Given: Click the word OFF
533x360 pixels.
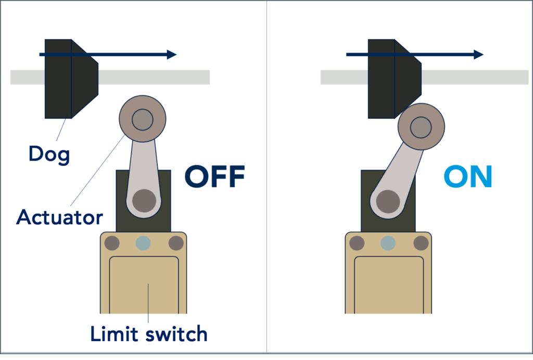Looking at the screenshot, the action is pyautogui.click(x=215, y=176).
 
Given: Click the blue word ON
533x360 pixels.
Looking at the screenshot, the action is pyautogui.click(x=468, y=176).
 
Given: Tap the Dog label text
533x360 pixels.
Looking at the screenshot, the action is pyautogui.click(x=49, y=155).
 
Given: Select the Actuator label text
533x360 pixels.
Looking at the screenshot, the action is pyautogui.click(x=59, y=217).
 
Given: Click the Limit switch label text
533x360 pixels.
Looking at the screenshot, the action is pyautogui.click(x=149, y=333).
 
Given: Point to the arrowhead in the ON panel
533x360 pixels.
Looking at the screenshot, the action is pyautogui.click(x=479, y=54).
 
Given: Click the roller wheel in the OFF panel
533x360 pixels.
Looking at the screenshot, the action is pyautogui.click(x=143, y=119).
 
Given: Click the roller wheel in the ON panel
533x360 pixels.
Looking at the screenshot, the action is pyautogui.click(x=421, y=127).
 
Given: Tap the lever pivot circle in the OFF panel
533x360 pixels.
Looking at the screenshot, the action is pyautogui.click(x=144, y=201).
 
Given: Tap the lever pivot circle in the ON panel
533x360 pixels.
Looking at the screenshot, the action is pyautogui.click(x=388, y=201).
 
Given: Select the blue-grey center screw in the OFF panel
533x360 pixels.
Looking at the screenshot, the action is pyautogui.click(x=143, y=243).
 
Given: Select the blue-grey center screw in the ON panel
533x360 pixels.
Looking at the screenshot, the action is pyautogui.click(x=388, y=243).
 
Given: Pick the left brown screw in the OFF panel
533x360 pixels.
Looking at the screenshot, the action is pyautogui.click(x=112, y=243).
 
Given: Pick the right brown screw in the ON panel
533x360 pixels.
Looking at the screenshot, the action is pyautogui.click(x=421, y=243).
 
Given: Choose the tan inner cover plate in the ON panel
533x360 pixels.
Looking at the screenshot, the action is pyautogui.click(x=389, y=285).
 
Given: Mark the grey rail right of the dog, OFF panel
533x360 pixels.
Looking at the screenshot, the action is pyautogui.click(x=154, y=77).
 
